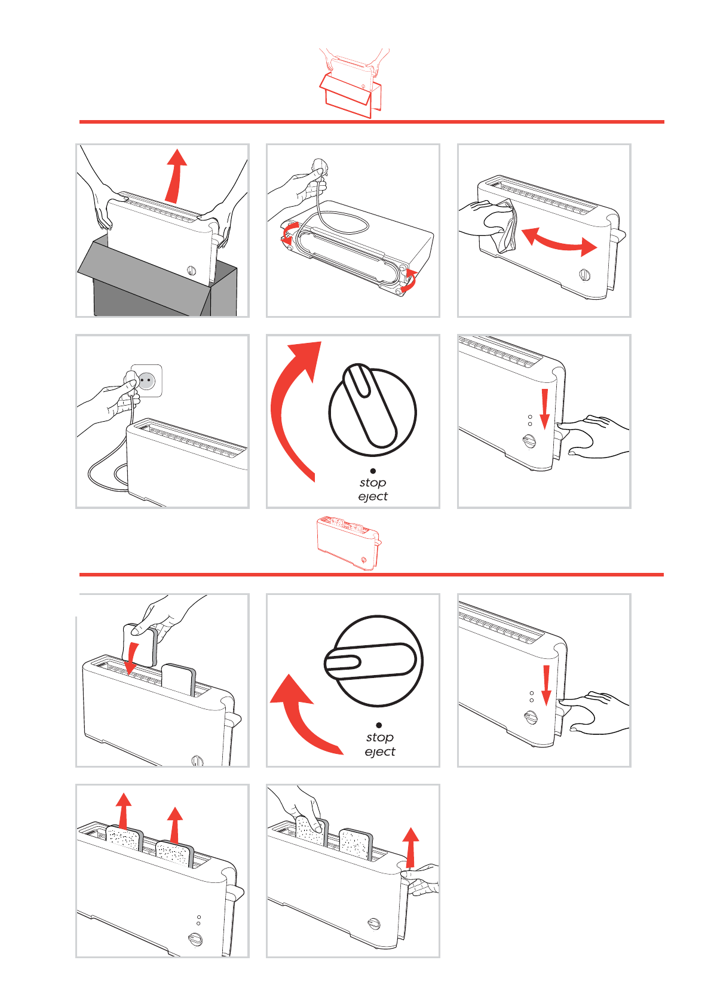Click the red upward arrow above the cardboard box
(176, 176)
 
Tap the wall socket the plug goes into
(146, 381)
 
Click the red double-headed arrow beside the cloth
(559, 240)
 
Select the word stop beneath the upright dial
(373, 482)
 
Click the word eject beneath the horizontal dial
(380, 752)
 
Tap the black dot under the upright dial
(373, 471)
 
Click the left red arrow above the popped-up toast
(123, 811)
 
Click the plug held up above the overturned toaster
(317, 171)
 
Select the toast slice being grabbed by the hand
(311, 832)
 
